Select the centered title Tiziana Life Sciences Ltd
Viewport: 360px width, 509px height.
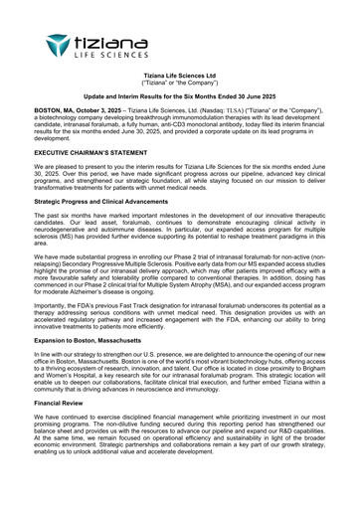point(180,76)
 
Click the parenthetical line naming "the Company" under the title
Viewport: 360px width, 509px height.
point(180,84)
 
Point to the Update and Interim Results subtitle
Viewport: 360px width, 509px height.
point(180,99)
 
